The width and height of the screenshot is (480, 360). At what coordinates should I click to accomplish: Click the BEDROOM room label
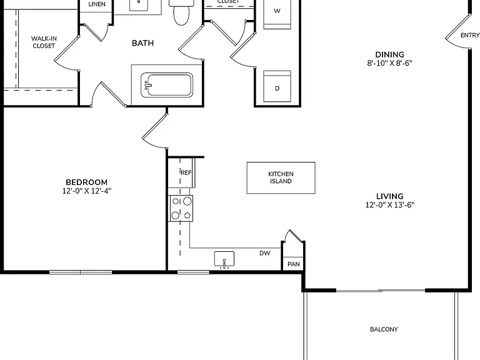pos(87,182)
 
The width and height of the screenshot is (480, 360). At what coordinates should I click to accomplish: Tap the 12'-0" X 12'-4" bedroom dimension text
pos(87,191)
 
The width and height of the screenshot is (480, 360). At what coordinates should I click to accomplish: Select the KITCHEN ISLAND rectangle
pos(281,178)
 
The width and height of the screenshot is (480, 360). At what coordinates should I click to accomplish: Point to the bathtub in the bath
pos(167,85)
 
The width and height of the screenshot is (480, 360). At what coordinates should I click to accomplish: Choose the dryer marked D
pos(277,87)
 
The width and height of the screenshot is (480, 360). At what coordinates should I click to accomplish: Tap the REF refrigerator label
pos(186,172)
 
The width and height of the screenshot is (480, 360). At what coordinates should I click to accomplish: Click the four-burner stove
pos(181,209)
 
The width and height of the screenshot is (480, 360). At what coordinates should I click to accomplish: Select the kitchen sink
pos(224,259)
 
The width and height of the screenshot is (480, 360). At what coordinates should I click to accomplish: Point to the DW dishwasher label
pos(265,253)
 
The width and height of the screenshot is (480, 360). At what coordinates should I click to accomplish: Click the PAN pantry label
pos(294,264)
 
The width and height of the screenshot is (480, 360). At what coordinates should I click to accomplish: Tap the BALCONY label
pos(384,329)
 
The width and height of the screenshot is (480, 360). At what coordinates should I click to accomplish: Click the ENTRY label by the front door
pos(470,36)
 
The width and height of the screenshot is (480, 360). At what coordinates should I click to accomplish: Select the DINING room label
pos(390,55)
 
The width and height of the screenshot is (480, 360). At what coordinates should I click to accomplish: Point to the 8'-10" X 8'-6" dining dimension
pos(390,63)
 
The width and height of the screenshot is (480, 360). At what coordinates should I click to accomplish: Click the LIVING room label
pos(390,196)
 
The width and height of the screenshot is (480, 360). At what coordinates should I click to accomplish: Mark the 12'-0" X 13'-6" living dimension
pos(390,205)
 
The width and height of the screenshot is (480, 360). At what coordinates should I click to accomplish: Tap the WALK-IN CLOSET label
pos(44,42)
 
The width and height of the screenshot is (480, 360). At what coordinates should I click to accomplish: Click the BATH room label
pos(142,43)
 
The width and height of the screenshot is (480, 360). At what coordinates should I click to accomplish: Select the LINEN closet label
pos(97,4)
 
